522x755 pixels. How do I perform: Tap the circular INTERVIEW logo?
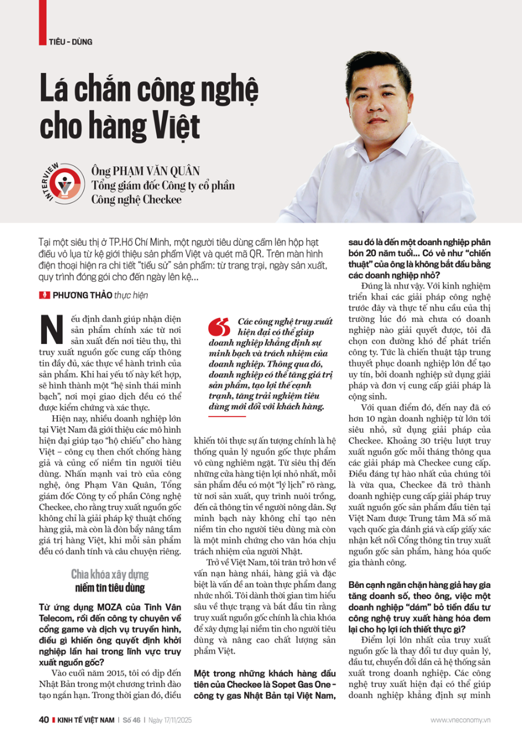tap(60, 183)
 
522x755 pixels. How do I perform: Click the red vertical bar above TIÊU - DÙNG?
tap(42, 20)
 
